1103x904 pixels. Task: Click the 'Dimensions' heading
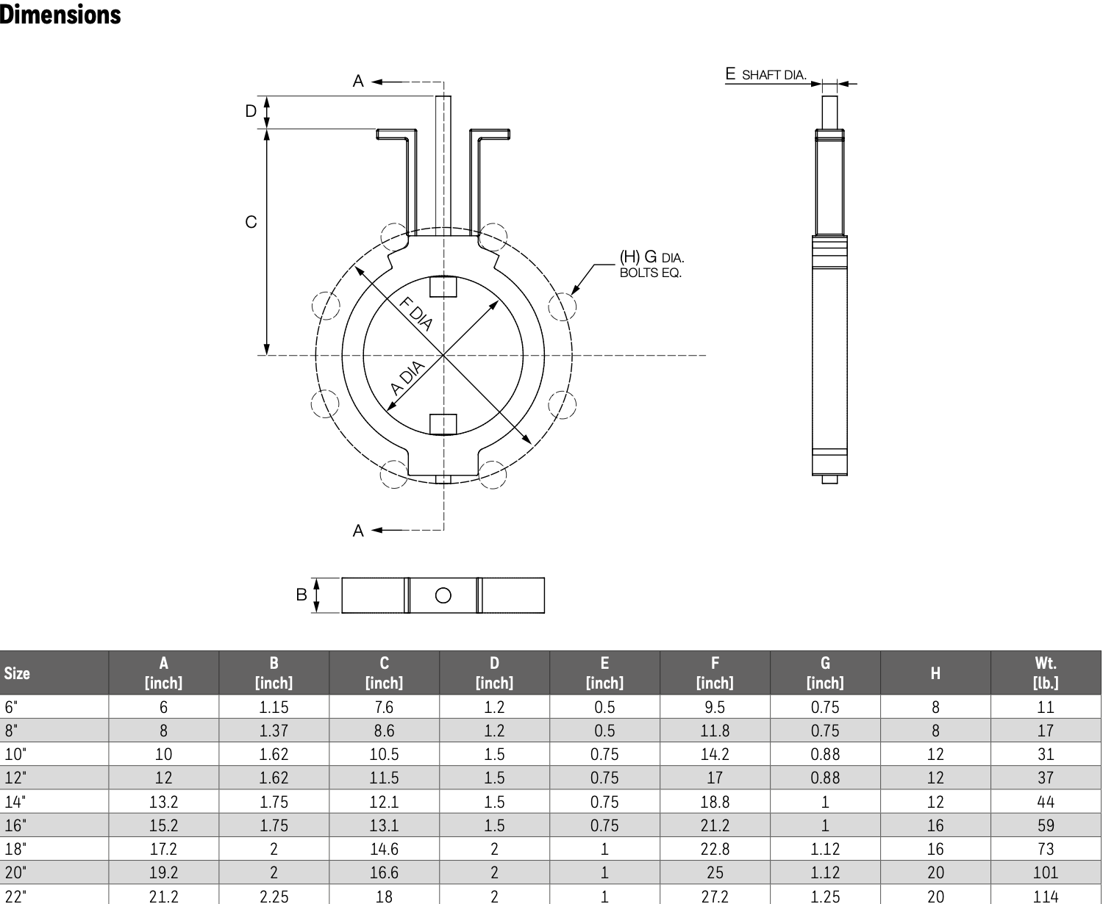60,15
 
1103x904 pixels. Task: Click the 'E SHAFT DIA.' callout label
765,74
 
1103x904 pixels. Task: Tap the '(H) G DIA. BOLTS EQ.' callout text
652,264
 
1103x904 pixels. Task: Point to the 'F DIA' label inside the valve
416,314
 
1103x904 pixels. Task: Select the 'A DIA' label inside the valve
407,378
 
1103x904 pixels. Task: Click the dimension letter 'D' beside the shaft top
251,111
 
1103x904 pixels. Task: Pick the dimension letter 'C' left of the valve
251,222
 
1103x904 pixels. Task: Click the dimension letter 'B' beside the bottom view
301,595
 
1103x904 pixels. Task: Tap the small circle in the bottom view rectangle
443,595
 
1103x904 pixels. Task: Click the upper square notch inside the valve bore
443,287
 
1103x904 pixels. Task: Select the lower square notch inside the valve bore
443,424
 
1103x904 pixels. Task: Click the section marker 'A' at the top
358,81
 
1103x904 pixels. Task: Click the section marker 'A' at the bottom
358,531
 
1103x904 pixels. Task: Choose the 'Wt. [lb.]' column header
1046,672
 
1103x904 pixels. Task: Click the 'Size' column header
17,673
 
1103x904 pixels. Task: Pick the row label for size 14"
15,802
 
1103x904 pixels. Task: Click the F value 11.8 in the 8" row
715,731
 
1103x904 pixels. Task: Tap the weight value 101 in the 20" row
1046,872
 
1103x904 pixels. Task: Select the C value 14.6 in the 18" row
384,849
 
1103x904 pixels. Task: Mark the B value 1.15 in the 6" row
274,707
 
